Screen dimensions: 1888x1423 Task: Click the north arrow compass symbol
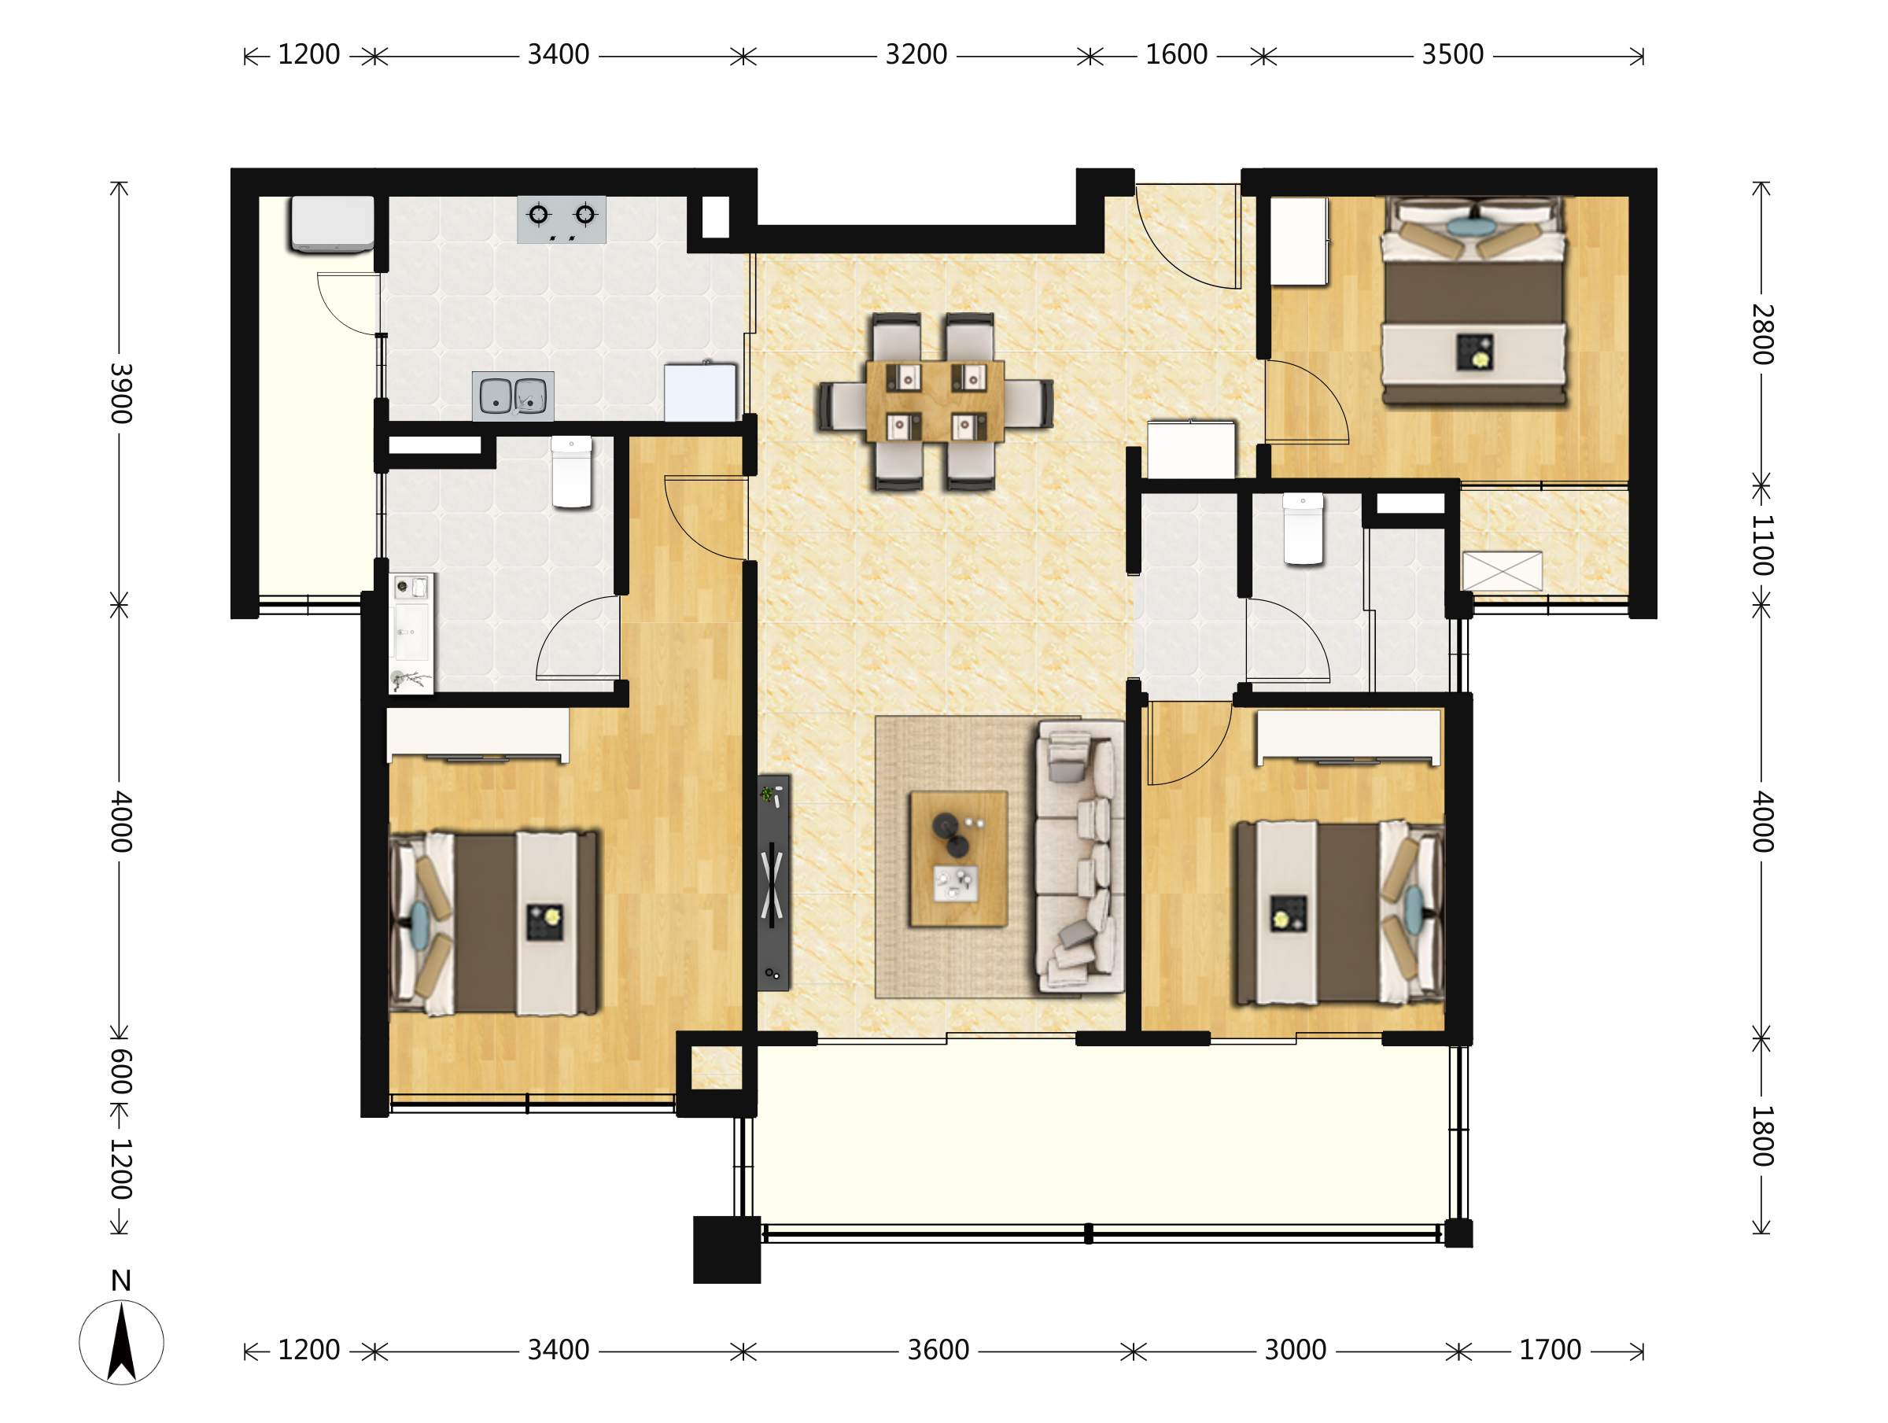pyautogui.click(x=121, y=1342)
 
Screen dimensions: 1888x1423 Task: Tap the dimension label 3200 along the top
pyautogui.click(x=916, y=54)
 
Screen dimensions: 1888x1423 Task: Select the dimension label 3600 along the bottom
pyautogui.click(x=938, y=1351)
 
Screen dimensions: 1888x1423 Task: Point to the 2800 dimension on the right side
pyautogui.click(x=1763, y=334)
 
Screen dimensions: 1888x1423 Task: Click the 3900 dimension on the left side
pyautogui.click(x=120, y=393)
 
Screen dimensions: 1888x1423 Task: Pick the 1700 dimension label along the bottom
pyautogui.click(x=1550, y=1351)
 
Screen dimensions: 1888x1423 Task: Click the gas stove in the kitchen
pyautogui.click(x=562, y=219)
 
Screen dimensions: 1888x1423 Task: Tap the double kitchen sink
pyautogui.click(x=513, y=396)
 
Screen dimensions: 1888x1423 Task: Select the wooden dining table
pyautogui.click(x=935, y=401)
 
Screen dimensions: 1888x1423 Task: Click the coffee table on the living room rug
pyautogui.click(x=958, y=859)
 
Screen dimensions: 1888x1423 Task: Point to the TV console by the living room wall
pyautogui.click(x=773, y=883)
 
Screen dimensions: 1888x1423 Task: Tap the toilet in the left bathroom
pyautogui.click(x=572, y=472)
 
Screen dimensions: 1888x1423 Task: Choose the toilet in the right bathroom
pyautogui.click(x=1304, y=529)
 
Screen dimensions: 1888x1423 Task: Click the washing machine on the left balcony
pyautogui.click(x=333, y=223)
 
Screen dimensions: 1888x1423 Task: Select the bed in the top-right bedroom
pyautogui.click(x=1474, y=300)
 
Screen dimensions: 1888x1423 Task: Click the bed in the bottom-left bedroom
pyautogui.click(x=494, y=923)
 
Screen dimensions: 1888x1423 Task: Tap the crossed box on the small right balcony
pyautogui.click(x=1503, y=571)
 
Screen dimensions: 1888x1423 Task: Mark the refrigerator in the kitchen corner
pyautogui.click(x=700, y=392)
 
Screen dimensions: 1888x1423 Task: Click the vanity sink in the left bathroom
pyautogui.click(x=412, y=632)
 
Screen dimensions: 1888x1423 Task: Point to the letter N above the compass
pyautogui.click(x=121, y=1281)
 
